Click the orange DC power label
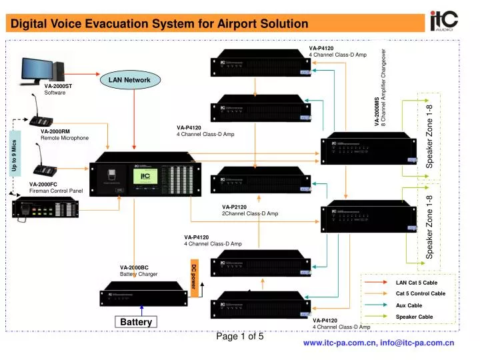tap(194, 278)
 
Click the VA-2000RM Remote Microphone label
tap(64, 135)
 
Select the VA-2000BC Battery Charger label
tap(139, 271)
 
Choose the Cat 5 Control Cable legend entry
tap(420, 294)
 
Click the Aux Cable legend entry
tap(409, 305)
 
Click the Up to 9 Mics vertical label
tap(14, 158)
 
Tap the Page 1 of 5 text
tap(241, 337)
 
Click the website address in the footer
tap(379, 343)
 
